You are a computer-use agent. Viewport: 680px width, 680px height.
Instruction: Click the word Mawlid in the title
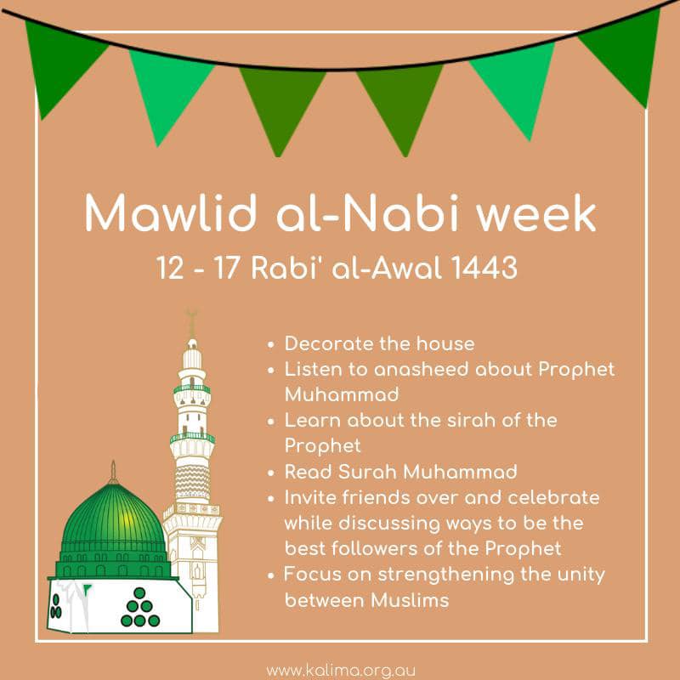point(171,212)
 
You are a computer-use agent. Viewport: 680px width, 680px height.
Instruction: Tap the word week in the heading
point(536,213)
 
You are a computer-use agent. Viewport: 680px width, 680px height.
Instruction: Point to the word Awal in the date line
point(407,267)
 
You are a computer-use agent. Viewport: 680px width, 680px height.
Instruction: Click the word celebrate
point(553,497)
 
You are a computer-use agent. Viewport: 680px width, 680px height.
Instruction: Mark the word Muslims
point(410,600)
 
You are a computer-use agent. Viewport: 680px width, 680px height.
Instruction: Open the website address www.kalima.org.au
point(341,671)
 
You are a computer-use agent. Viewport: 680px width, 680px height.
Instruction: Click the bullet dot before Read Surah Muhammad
point(271,473)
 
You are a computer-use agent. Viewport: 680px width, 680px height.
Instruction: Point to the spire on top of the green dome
point(113,472)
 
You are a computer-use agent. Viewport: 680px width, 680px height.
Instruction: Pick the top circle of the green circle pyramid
point(139,592)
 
